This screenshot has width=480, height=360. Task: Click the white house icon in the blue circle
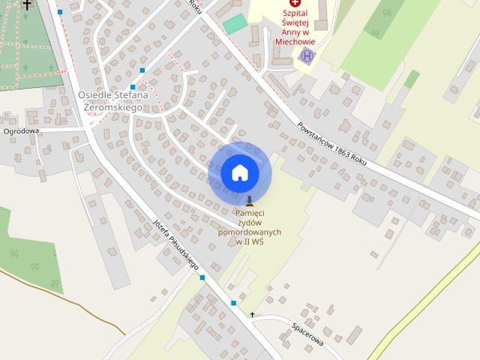[240, 173]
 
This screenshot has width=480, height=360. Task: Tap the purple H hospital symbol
[306, 56]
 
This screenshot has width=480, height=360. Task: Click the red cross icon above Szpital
[294, 3]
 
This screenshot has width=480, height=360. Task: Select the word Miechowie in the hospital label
[295, 42]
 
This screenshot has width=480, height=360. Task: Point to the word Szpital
[294, 13]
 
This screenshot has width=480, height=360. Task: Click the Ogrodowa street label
[21, 130]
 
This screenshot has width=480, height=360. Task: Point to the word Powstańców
[317, 131]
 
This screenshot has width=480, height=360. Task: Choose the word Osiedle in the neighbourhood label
[94, 95]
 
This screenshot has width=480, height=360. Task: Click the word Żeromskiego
[113, 107]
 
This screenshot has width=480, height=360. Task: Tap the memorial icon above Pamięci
[250, 200]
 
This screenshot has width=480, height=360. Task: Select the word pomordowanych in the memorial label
[250, 232]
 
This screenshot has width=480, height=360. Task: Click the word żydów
[250, 223]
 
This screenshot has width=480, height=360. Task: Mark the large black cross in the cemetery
[28, 4]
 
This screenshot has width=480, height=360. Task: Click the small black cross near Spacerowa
[253, 314]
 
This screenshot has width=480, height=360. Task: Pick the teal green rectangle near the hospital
[235, 24]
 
